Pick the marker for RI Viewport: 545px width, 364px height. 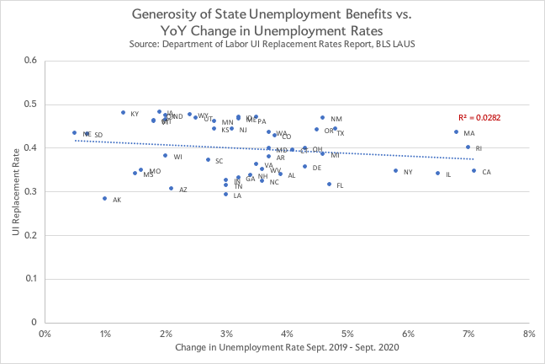point(468,147)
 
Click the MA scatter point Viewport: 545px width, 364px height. point(456,131)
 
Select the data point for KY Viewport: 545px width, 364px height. point(123,113)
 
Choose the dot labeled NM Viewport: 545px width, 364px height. point(322,118)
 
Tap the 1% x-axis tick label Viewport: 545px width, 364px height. point(105,334)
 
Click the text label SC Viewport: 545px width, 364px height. point(219,161)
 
